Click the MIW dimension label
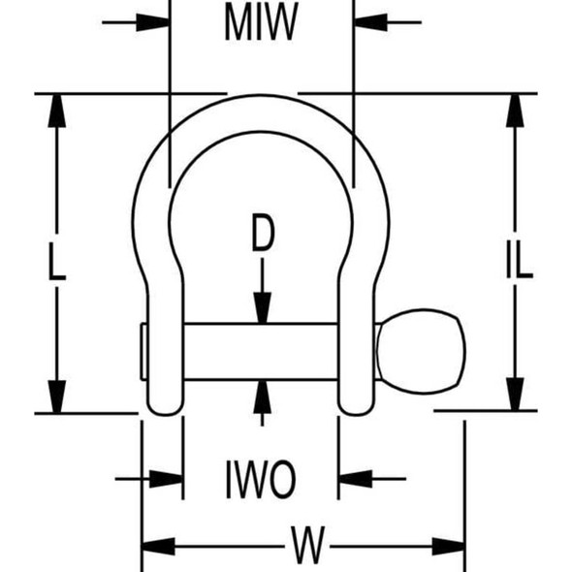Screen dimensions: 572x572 pyautogui.click(x=261, y=21)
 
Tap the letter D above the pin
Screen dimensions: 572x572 pyautogui.click(x=263, y=233)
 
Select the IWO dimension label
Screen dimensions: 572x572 pyautogui.click(x=261, y=479)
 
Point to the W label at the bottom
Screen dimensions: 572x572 pyautogui.click(x=307, y=545)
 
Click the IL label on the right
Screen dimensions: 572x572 pyautogui.click(x=520, y=260)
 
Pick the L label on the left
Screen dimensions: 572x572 pyautogui.click(x=57, y=262)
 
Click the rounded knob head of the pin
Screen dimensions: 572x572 pyautogui.click(x=421, y=352)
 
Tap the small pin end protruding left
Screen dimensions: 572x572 pyautogui.click(x=144, y=352)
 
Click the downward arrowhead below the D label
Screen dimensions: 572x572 pyautogui.click(x=263, y=308)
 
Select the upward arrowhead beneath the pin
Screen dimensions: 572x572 pyautogui.click(x=263, y=397)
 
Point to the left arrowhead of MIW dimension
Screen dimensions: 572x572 pyautogui.click(x=152, y=22)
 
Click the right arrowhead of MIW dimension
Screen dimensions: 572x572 pyautogui.click(x=370, y=22)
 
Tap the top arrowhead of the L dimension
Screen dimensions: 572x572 pyautogui.click(x=57, y=111)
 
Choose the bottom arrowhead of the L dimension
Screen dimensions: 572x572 pyautogui.click(x=57, y=397)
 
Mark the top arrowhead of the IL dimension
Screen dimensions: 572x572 pyautogui.click(x=515, y=111)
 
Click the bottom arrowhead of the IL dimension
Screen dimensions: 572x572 pyautogui.click(x=515, y=394)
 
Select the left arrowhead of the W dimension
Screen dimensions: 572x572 pyautogui.click(x=158, y=547)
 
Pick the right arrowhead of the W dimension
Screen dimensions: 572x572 pyautogui.click(x=448, y=547)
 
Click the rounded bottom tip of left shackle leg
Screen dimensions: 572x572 pyautogui.click(x=165, y=411)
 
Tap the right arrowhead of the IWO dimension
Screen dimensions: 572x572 pyautogui.click(x=356, y=479)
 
